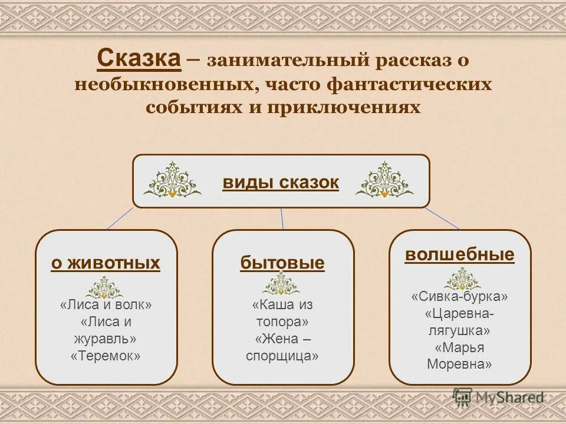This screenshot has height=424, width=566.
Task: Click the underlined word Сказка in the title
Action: [138, 59]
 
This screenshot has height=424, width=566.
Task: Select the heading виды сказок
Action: [281, 183]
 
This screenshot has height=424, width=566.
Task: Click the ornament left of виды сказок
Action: [172, 180]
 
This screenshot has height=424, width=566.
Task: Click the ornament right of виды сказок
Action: [384, 180]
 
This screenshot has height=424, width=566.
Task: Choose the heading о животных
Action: [106, 263]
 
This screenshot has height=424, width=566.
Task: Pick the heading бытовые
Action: [282, 263]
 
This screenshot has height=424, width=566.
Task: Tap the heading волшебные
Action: [459, 254]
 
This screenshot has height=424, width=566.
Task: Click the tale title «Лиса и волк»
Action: [106, 305]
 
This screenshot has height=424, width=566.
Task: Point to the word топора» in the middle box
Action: [282, 322]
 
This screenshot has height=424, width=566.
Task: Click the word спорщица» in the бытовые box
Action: [282, 356]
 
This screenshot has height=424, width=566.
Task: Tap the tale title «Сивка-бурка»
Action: [459, 296]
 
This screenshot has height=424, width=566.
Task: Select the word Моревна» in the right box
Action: [459, 364]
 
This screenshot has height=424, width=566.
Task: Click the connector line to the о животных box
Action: [120, 218]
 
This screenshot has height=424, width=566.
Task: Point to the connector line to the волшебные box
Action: [442, 218]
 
